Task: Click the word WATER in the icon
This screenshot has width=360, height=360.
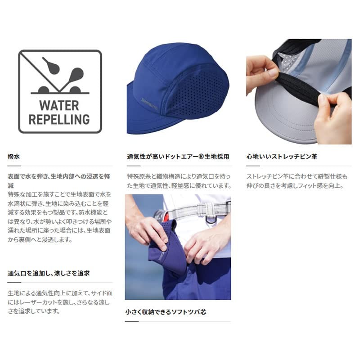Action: pos(60,106)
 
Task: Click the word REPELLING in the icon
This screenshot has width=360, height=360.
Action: pos(60,119)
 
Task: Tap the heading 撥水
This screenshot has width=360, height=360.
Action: pos(14,157)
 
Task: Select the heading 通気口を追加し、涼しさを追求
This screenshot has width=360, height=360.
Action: pos(49,273)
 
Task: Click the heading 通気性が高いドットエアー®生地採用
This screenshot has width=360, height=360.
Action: pos(178,157)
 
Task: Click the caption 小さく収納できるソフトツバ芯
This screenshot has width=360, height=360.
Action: pos(166,311)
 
